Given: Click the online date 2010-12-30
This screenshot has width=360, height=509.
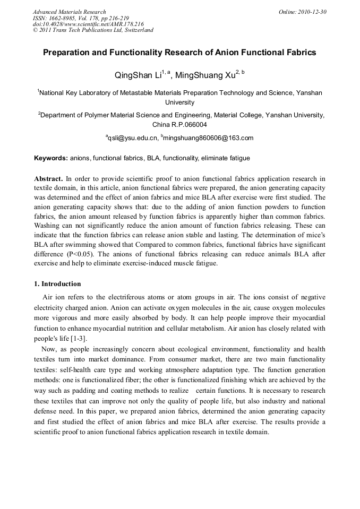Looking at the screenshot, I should pyautogui.click(x=312, y=12).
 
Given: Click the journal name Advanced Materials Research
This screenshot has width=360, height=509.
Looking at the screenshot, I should pyautogui.click(x=69, y=12).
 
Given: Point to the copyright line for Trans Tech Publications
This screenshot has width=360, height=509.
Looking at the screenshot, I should pyautogui.click(x=93, y=30).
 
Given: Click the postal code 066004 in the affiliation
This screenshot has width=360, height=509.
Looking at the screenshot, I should pyautogui.click(x=194, y=125).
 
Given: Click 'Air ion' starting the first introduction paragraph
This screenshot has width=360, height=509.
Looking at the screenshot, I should pyautogui.click(x=53, y=297).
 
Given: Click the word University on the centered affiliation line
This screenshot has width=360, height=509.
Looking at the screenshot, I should pyautogui.click(x=179, y=102).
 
